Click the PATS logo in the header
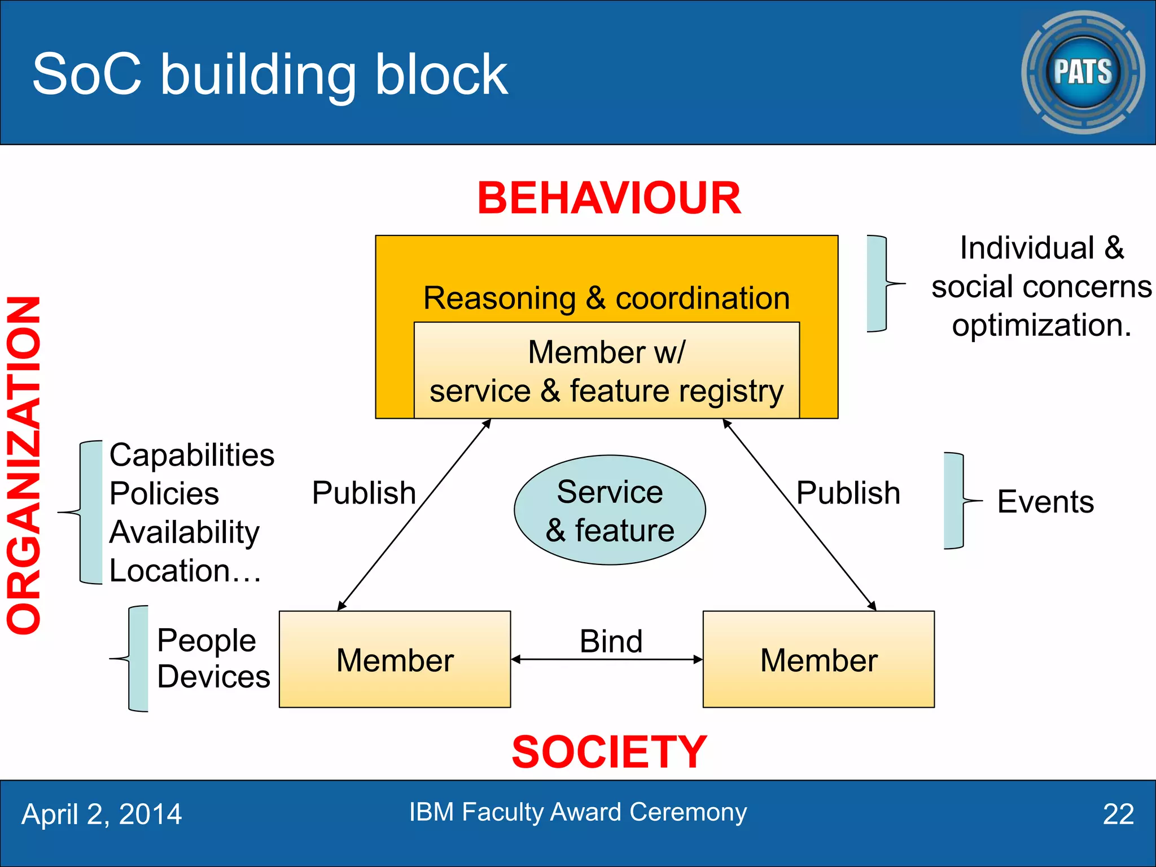[x=1083, y=72]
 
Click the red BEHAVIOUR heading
[x=608, y=199]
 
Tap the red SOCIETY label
[x=608, y=752]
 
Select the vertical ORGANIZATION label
[x=24, y=465]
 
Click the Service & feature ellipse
[x=610, y=510]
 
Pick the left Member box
[x=395, y=659]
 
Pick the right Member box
[x=818, y=659]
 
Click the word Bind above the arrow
[x=611, y=641]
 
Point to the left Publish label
[x=364, y=493]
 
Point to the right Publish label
[x=848, y=493]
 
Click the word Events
[x=1045, y=502]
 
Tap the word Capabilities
[x=192, y=455]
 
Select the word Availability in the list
[x=184, y=532]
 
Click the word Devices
[x=213, y=677]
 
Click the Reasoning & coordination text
[x=606, y=298]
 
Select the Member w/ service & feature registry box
[x=606, y=371]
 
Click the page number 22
[x=1118, y=815]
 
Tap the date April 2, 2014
[x=102, y=815]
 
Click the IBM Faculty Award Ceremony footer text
[x=577, y=812]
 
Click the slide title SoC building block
[x=270, y=75]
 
